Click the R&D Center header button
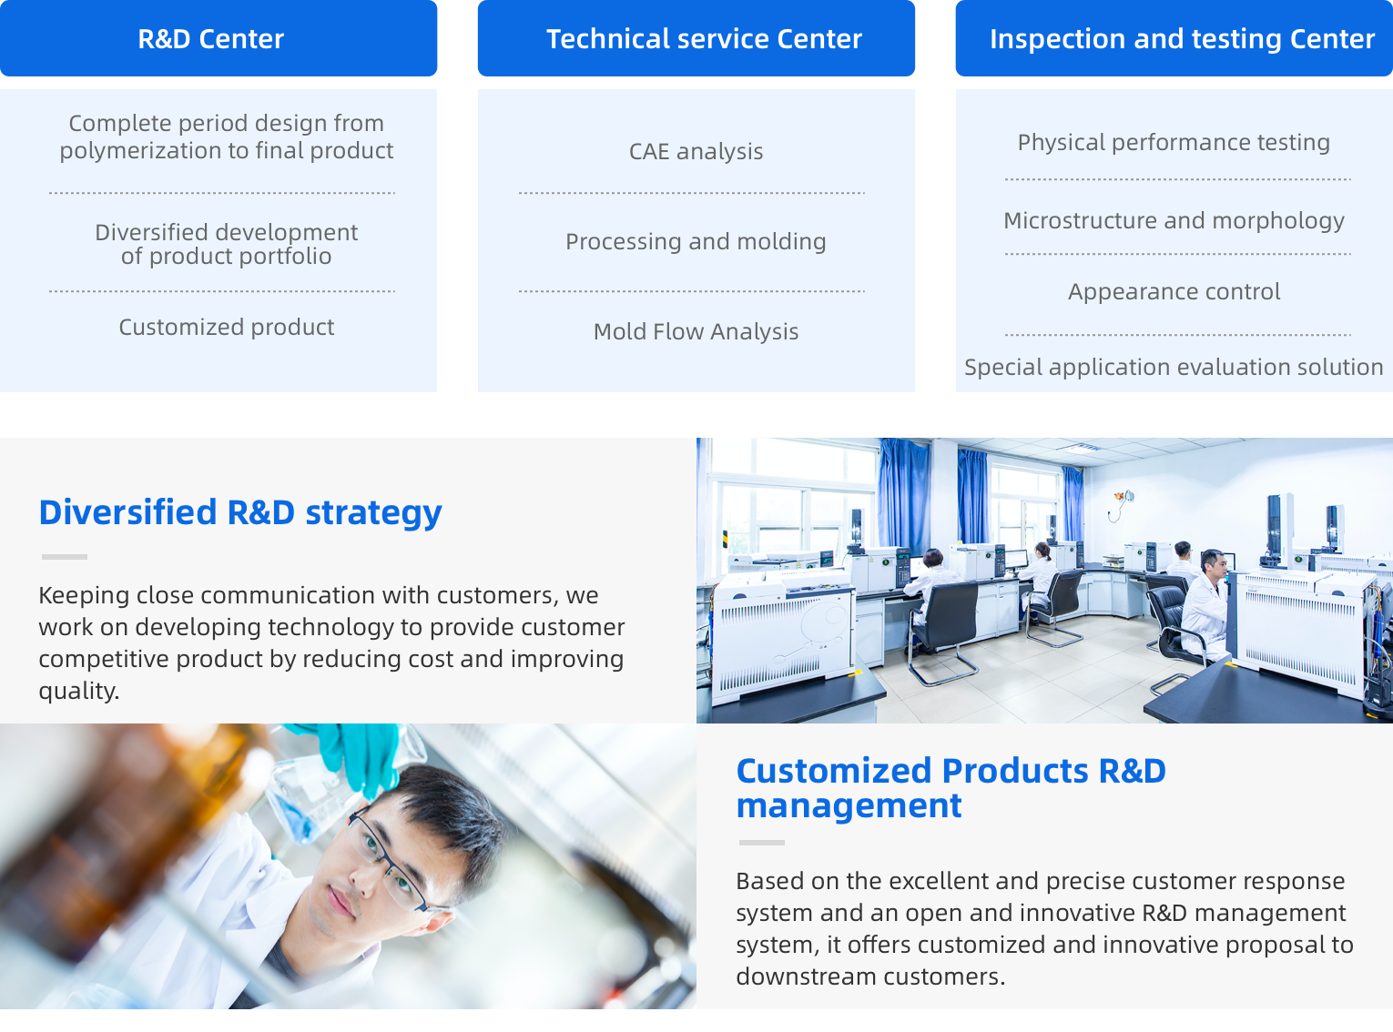[218, 38]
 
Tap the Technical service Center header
[696, 38]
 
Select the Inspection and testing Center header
[1174, 38]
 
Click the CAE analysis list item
[696, 151]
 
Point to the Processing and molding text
[696, 242]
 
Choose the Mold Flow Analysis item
[696, 331]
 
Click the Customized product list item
[226, 327]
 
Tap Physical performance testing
[1174, 143]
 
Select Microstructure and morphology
[1174, 220]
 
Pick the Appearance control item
[1174, 292]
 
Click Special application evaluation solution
[1174, 368]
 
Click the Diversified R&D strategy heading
[240, 513]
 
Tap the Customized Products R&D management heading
[951, 788]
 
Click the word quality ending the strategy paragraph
[78, 691]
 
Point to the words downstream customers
[869, 976]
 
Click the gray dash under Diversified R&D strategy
[64, 557]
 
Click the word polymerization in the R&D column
[148, 151]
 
